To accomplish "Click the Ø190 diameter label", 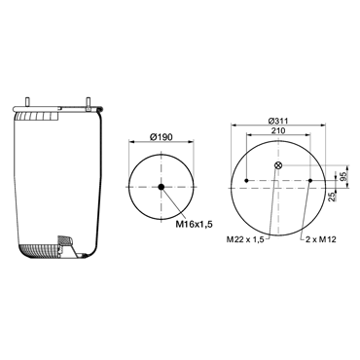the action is [162, 137].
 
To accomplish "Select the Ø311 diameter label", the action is [278, 121].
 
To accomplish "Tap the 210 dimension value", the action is [278, 130].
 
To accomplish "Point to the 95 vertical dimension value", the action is [343, 176].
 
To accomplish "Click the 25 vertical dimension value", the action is [332, 198].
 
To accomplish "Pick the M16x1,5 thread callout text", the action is [194, 224].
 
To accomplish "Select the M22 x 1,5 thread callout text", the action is [245, 239].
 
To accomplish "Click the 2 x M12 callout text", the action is [321, 239].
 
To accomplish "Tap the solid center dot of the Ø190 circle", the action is [162, 187].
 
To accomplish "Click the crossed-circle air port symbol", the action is [278, 165].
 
